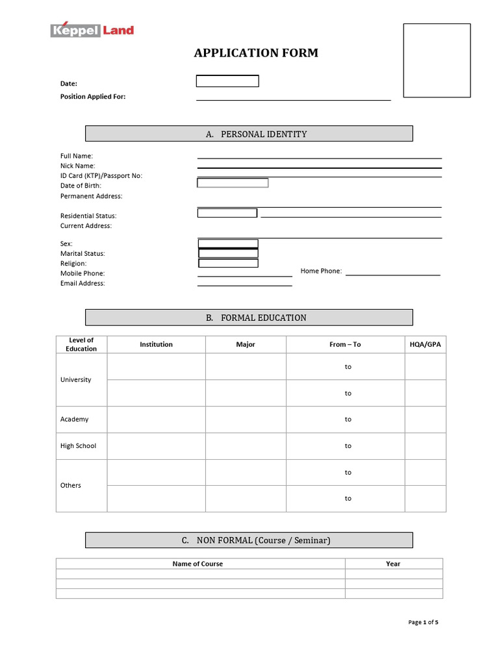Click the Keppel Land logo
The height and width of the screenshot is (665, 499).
(92, 30)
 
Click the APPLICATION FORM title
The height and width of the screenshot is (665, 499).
(256, 53)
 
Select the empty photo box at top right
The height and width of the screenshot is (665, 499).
(437, 60)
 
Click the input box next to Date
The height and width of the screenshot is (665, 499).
(227, 81)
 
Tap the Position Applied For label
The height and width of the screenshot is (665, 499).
(93, 97)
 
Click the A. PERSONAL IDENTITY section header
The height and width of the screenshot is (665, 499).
(249, 134)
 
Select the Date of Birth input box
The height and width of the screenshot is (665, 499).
(233, 183)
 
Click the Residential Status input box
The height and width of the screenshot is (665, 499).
(227, 213)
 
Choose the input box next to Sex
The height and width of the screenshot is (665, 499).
(228, 244)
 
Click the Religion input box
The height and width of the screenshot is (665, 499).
(228, 263)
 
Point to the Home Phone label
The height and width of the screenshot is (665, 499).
(321, 271)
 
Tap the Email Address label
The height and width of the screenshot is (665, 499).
(83, 284)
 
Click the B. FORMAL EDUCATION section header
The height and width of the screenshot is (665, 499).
(249, 318)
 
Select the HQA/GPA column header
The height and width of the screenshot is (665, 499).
(425, 345)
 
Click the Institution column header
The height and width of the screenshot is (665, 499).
(156, 345)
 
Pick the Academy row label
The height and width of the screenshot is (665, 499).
(74, 420)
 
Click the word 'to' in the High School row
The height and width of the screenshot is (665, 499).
(348, 446)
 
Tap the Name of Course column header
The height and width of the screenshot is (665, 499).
(198, 564)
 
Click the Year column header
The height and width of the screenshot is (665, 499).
(393, 564)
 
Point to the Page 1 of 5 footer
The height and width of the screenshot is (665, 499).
(423, 622)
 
